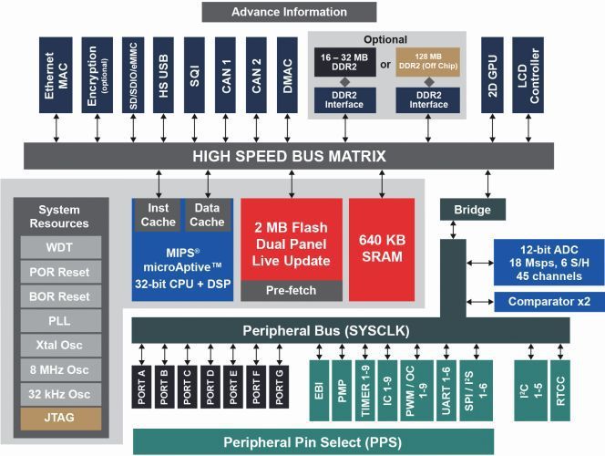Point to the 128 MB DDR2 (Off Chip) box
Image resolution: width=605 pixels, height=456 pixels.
[x=428, y=64]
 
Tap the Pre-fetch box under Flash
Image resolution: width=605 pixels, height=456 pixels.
[x=291, y=291]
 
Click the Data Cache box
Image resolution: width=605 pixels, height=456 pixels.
[x=207, y=215]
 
